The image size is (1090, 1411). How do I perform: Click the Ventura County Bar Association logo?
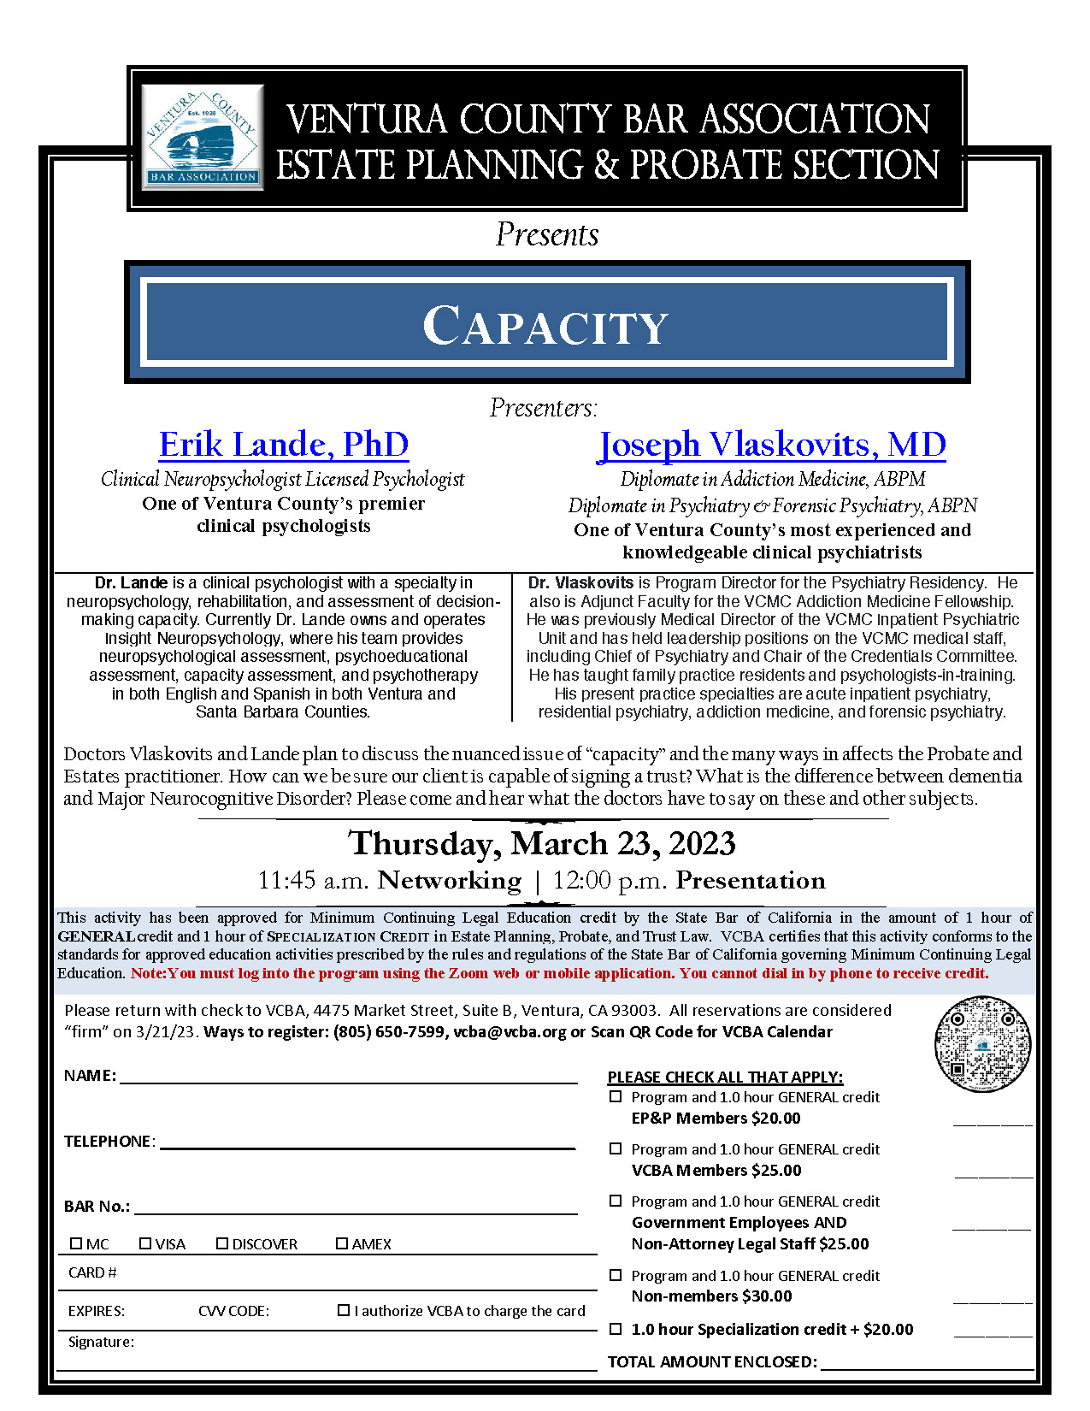pos(203,137)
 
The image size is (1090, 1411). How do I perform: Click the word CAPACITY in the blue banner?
pos(545,326)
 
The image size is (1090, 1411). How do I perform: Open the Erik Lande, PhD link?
pos(284,445)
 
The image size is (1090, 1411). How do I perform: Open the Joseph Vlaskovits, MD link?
pos(772,445)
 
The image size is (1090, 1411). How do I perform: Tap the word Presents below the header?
pos(547,234)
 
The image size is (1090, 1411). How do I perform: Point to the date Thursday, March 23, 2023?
pos(542,844)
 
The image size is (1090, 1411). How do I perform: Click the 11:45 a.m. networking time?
pos(313,880)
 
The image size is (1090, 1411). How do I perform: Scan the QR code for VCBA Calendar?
pos(982,1044)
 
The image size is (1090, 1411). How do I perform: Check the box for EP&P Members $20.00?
pos(616,1096)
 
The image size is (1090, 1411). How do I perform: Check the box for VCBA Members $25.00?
pos(616,1148)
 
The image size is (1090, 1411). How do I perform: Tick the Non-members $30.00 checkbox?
pos(616,1275)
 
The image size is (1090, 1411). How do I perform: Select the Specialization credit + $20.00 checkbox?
pos(616,1329)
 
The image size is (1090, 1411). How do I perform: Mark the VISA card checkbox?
pos(145,1243)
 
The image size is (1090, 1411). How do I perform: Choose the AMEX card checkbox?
pos(342,1243)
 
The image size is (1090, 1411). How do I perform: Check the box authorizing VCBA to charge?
pos(344,1310)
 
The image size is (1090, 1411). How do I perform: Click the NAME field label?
pos(90,1076)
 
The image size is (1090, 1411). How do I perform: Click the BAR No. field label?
pos(97,1207)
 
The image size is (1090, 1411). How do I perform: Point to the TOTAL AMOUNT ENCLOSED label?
pos(712,1361)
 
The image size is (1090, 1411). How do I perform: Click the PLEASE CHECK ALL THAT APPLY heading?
pos(725,1077)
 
